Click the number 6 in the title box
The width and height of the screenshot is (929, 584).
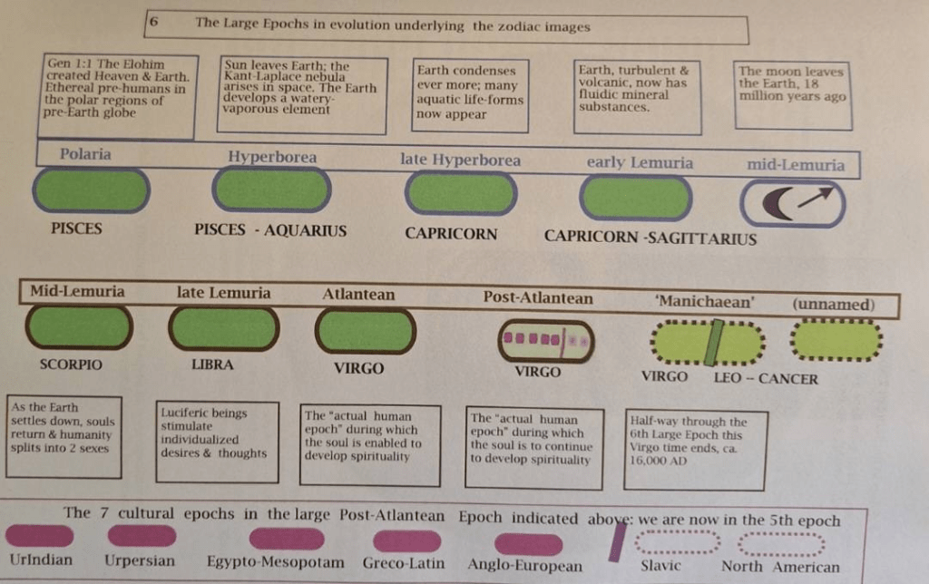[155, 23]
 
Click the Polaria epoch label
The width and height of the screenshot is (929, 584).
[85, 154]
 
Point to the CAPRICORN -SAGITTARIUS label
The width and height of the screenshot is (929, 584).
[650, 238]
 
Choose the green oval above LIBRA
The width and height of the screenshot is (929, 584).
[220, 328]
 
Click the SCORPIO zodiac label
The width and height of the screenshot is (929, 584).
[71, 365]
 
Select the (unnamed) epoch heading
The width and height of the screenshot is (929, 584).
[834, 304]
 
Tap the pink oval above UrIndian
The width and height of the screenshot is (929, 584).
[39, 536]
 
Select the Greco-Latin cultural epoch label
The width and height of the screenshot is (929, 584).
[404, 563]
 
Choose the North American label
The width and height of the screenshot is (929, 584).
[780, 567]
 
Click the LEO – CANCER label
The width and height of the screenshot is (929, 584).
[765, 378]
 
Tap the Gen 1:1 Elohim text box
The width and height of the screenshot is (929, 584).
[119, 95]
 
